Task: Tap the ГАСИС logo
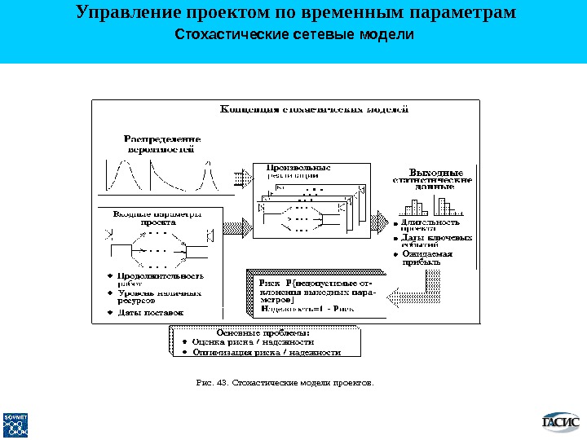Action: [561, 421]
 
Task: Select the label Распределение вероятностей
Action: [162, 143]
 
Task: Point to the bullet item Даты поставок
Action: [151, 312]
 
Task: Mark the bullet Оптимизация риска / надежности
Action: [270, 353]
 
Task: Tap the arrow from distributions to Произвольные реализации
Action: [241, 176]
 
